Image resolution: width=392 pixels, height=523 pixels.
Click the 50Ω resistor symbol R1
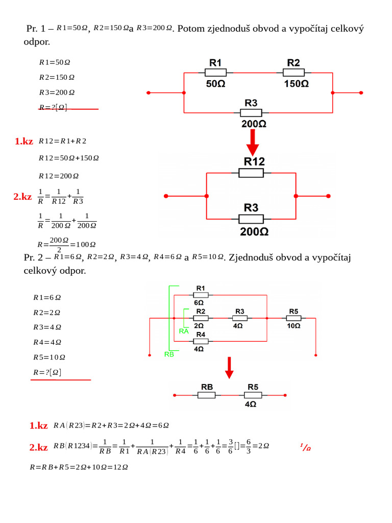[x=215, y=73]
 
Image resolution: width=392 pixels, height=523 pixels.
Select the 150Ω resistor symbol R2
[x=293, y=73]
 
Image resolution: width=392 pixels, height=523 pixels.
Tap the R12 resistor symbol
[x=251, y=173]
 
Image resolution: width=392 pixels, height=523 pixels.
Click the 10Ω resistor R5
[x=293, y=318]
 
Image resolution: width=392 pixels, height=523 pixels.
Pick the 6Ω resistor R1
[x=201, y=295]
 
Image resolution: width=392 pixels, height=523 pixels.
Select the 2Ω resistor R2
[x=201, y=318]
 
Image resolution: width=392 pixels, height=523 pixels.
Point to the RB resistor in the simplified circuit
[x=207, y=395]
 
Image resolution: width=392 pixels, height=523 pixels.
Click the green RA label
[x=184, y=331]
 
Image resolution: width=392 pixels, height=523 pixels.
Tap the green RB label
[x=169, y=354]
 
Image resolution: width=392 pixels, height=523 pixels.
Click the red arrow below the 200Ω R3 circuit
[x=252, y=142]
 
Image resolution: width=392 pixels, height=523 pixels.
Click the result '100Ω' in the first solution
[x=86, y=244]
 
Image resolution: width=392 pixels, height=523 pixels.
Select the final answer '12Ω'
[x=119, y=467]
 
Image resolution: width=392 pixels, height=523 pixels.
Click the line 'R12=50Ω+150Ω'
[x=69, y=158]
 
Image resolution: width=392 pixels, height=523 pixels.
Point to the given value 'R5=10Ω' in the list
[x=49, y=357]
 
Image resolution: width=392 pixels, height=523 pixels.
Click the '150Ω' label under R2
[x=296, y=84]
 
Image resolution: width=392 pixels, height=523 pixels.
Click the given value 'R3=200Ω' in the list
[x=57, y=92]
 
